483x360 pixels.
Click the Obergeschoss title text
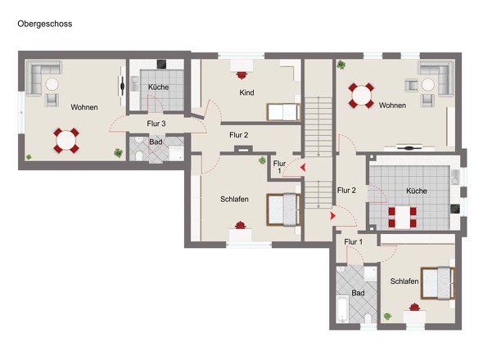tap(45, 24)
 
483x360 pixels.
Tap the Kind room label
tap(246, 92)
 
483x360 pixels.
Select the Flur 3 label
tap(156, 124)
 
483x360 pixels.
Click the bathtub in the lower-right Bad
tap(342, 309)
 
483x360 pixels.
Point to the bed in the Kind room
tap(283, 112)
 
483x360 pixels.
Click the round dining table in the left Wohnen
tap(66, 141)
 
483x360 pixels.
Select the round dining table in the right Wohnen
tap(361, 96)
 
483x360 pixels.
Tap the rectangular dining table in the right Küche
tap(402, 218)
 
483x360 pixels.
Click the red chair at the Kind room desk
tap(241, 75)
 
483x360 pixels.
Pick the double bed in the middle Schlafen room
tap(284, 209)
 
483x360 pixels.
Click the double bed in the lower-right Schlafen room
tap(438, 283)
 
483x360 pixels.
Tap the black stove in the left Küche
tap(162, 64)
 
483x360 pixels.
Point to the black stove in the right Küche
tap(455, 209)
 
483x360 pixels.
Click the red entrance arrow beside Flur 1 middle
tap(303, 168)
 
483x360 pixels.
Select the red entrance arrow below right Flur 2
tap(332, 216)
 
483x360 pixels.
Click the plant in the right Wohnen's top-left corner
tap(341, 65)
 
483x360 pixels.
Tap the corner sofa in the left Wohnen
tap(43, 77)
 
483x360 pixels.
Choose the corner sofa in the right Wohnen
tap(436, 77)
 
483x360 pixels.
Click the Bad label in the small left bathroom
tap(156, 142)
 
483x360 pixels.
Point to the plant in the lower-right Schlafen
tap(387, 316)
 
